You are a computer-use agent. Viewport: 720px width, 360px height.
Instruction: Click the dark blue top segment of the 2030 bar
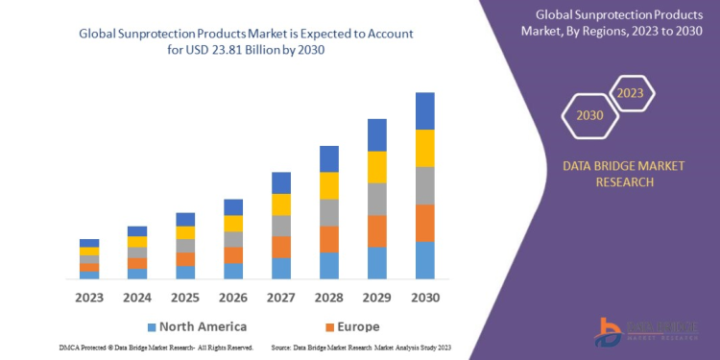click(x=425, y=111)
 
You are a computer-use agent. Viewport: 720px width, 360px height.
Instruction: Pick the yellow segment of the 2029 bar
click(x=377, y=167)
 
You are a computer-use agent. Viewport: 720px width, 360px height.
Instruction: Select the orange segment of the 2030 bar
click(x=425, y=223)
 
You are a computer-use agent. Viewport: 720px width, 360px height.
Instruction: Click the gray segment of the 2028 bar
click(x=329, y=212)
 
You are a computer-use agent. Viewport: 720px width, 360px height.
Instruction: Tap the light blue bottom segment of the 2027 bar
click(x=281, y=268)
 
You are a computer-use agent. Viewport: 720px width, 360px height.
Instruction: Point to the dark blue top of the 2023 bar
click(x=89, y=243)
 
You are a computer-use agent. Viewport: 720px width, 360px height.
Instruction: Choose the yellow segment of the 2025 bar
click(x=185, y=232)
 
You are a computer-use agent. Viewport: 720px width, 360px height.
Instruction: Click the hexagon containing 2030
click(x=589, y=116)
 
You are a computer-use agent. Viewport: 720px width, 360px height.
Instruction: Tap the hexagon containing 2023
click(x=630, y=94)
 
